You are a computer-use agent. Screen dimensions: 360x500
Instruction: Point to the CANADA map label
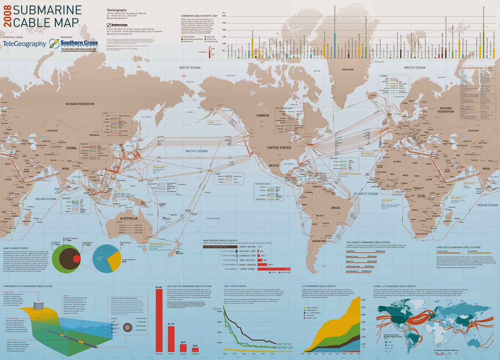point(262,115)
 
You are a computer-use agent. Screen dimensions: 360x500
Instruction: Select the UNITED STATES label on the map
point(279,147)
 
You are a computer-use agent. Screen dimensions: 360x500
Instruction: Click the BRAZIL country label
point(336,208)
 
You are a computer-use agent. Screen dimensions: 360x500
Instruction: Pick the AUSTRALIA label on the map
point(129,218)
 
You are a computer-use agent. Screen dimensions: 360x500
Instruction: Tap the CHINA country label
point(71,148)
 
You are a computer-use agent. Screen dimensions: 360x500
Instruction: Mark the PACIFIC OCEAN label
point(196,151)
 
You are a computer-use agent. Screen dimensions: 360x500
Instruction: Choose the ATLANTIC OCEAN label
point(366,194)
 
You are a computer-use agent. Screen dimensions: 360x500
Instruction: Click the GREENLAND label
point(348,69)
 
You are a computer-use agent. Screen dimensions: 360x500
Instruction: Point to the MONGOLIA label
point(94,135)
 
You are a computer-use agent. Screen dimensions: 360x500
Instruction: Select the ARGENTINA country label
point(319,241)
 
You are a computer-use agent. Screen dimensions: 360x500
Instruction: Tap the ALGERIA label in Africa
point(397,162)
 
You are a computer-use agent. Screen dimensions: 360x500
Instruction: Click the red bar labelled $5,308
point(159,320)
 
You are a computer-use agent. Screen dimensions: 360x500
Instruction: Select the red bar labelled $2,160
point(171,339)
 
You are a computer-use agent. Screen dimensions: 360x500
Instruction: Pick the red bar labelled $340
point(195,350)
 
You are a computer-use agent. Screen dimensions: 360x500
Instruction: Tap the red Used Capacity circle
point(76,259)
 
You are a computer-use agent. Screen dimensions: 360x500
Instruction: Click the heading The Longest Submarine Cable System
point(368,242)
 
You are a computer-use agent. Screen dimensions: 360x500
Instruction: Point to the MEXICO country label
point(274,165)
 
